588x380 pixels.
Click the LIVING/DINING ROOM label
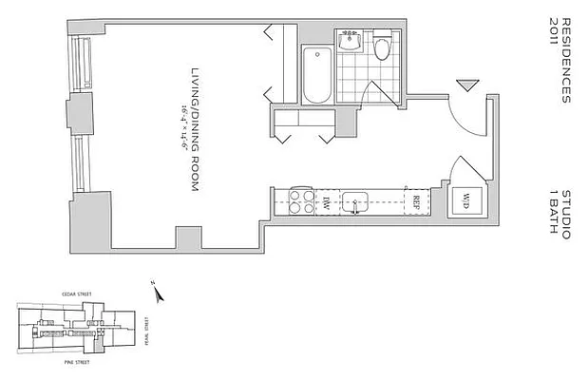(x=193, y=130)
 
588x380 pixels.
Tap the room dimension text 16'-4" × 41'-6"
(x=177, y=130)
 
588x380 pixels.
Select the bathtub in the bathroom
(x=315, y=73)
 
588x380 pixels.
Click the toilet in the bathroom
(x=382, y=47)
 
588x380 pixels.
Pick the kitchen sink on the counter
(x=356, y=200)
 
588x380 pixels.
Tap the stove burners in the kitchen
(x=302, y=201)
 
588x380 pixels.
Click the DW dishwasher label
(x=326, y=200)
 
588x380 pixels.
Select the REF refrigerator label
(x=416, y=201)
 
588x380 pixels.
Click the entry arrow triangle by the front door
(x=464, y=86)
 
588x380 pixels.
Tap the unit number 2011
(x=553, y=29)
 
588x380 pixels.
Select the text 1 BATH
(x=553, y=206)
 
